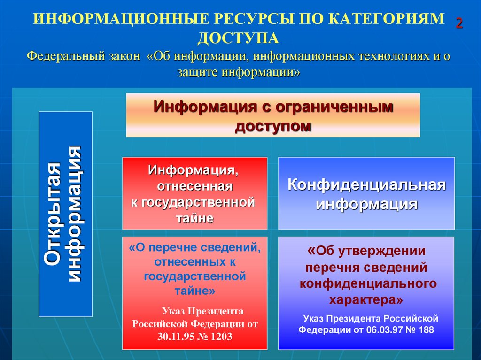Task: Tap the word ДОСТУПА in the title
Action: [x=238, y=38]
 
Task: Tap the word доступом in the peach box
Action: [x=273, y=125]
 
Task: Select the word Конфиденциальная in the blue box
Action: [x=366, y=184]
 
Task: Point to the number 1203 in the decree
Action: [x=221, y=337]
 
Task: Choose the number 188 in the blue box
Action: [x=425, y=329]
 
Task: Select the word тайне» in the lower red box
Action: [x=194, y=291]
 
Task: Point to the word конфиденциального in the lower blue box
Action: [x=368, y=283]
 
